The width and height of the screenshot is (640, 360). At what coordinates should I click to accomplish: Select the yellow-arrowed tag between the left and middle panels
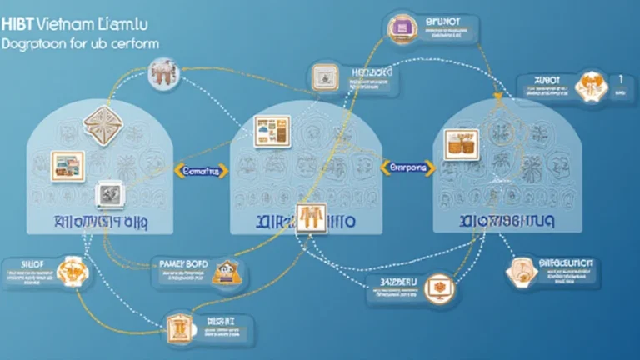199,171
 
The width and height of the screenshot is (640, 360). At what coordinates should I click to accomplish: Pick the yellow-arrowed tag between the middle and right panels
407,167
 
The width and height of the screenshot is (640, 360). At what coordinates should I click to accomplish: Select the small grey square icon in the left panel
107,193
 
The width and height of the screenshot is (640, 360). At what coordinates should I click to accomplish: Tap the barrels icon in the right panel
461,144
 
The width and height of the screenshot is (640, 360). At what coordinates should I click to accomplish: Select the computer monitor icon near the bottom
436,288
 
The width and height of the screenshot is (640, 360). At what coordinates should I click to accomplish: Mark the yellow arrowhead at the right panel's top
497,98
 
